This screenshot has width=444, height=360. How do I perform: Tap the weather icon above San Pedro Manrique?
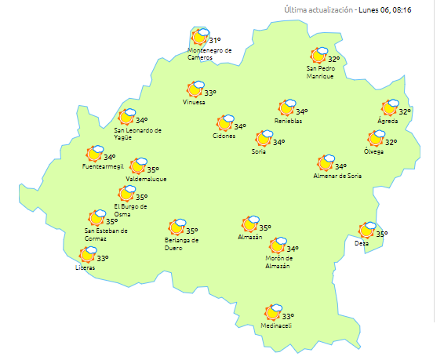pos(318,55)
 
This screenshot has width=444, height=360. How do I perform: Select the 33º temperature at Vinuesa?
pos(210,92)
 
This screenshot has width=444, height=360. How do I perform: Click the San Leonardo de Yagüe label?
pos(137,133)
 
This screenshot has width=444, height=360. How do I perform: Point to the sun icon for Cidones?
pos(224,123)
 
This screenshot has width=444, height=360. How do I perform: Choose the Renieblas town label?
pos(287,120)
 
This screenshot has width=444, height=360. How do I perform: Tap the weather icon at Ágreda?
pos(390,108)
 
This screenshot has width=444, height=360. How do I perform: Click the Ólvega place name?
pos(374,151)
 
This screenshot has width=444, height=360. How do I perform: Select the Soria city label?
pos(258,151)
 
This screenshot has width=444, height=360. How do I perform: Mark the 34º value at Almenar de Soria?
pos(340,166)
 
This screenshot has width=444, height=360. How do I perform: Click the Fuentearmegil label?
pos(103,167)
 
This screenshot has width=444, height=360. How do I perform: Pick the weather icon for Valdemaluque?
pos(137,165)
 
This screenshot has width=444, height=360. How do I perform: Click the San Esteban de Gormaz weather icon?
pos(97,218)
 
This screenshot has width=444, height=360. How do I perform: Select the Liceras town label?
pos(85,267)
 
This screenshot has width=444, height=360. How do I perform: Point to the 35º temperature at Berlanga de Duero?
pos(191,231)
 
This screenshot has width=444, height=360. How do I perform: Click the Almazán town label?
pos(249,237)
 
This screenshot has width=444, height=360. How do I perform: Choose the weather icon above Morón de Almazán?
pos(277,246)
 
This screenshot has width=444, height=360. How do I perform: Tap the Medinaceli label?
pos(276,326)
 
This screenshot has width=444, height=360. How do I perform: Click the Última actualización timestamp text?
pos(362,10)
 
